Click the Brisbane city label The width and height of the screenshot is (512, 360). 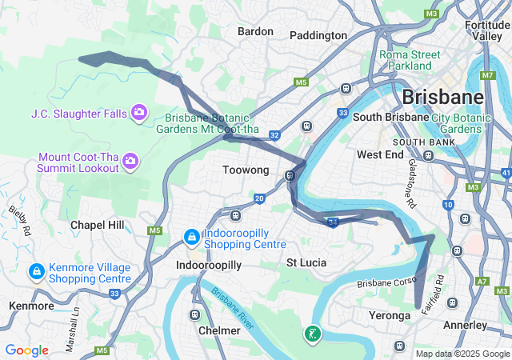(x=442, y=97)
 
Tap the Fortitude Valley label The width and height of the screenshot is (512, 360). (x=487, y=30)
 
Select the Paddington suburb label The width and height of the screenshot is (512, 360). (x=318, y=35)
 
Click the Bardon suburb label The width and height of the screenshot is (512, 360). (x=255, y=31)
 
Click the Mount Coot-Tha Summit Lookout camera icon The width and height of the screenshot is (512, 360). (x=130, y=163)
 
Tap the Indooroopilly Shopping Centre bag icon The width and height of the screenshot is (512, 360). (x=191, y=238)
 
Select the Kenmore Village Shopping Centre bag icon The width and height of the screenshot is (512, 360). (x=36, y=273)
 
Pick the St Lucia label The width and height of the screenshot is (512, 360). (x=307, y=262)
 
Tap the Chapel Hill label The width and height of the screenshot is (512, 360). (x=97, y=225)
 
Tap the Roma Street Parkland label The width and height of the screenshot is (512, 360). (x=410, y=60)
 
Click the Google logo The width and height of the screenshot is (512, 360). (x=27, y=350)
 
